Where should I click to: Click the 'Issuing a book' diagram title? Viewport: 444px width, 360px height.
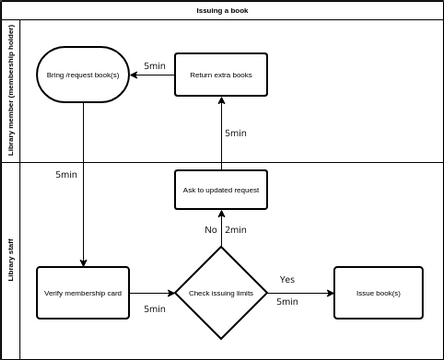coord(222,10)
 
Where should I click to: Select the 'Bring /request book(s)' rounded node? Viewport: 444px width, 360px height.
coord(83,75)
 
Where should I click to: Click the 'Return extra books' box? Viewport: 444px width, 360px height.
coord(221,75)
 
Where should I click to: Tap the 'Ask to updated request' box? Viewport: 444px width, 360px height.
coord(221,189)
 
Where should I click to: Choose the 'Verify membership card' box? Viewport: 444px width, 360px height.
coord(83,293)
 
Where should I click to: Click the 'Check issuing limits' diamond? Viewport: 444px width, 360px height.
coord(221,293)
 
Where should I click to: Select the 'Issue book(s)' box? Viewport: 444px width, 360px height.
coord(378,293)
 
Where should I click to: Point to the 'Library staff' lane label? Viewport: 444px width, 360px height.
coord(11,261)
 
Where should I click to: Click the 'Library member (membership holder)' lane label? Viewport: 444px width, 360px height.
coord(11,91)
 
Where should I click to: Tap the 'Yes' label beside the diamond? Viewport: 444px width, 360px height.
coord(287,279)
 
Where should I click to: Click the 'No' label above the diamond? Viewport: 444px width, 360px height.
coord(210,230)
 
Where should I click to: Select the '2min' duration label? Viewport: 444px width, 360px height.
coord(236,230)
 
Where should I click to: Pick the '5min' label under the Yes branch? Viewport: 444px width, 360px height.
coord(287,301)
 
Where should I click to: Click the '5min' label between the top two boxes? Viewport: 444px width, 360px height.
coord(154,66)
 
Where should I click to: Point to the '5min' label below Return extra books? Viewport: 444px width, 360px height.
coord(235,133)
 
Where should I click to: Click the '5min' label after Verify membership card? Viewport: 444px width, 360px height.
coord(154,309)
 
